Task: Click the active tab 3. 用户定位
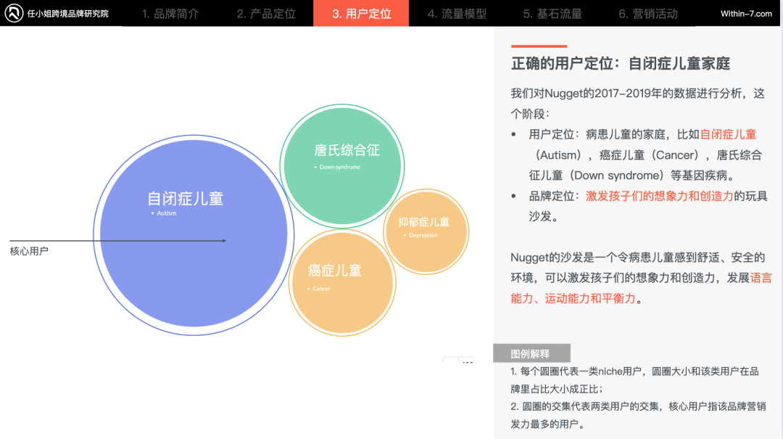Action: pos(361,14)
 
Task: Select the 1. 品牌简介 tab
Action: pos(170,14)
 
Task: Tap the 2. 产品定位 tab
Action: pos(265,14)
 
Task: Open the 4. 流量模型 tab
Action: pos(457,14)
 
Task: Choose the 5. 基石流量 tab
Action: pos(552,14)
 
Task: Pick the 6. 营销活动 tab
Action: pos(648,14)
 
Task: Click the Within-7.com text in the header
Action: pos(746,14)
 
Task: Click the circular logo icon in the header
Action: pos(14,13)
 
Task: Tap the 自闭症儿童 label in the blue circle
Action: pos(186,199)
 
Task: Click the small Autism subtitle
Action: pos(166,213)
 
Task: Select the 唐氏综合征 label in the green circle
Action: pos(347,150)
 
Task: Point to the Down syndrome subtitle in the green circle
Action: pos(339,167)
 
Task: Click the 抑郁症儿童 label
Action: pos(423,222)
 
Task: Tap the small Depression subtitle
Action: pos(423,235)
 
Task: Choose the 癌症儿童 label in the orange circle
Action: pos(334,271)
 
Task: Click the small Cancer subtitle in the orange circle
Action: pos(321,289)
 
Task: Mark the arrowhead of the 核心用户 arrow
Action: pos(226,240)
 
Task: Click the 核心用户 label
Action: pos(29,251)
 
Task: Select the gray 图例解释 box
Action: pos(531,353)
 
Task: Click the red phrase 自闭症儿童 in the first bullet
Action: pos(728,134)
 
